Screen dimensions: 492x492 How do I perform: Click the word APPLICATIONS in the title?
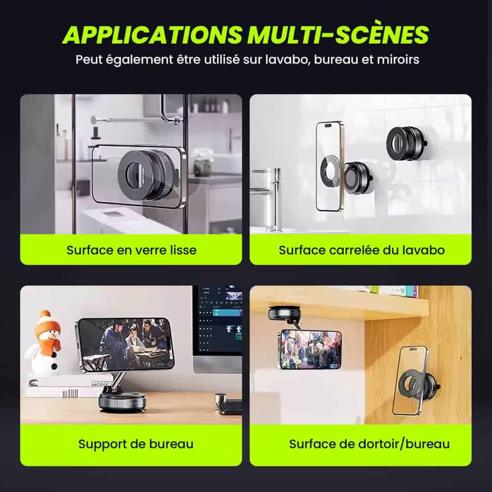(x=153, y=35)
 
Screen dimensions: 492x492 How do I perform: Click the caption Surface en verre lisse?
(x=132, y=250)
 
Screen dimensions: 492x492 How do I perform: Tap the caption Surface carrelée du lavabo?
(x=361, y=250)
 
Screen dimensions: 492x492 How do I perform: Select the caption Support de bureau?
(x=136, y=444)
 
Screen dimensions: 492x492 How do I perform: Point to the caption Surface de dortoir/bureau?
(x=369, y=444)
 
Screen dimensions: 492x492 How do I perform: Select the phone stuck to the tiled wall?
(x=329, y=166)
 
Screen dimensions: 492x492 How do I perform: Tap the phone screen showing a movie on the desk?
(x=126, y=344)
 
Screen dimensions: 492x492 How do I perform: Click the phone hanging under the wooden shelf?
(x=310, y=349)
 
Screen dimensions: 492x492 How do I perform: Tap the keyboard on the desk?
(x=231, y=406)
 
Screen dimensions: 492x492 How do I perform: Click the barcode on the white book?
(x=70, y=393)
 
